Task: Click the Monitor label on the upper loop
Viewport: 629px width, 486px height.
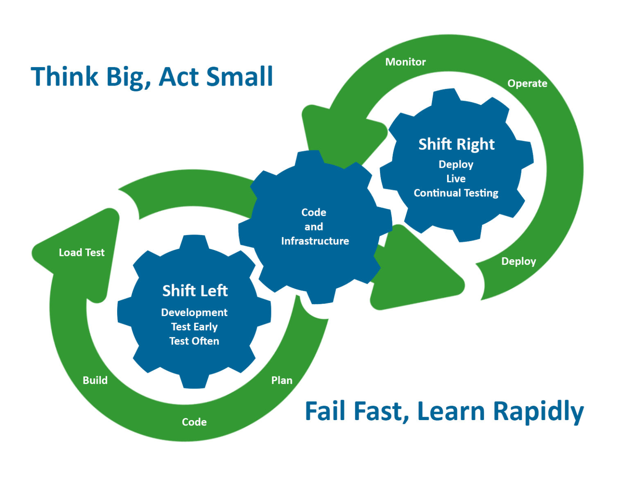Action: (x=405, y=62)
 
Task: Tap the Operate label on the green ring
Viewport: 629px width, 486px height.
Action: (x=527, y=84)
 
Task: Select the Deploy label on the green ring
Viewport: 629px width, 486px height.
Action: (x=518, y=261)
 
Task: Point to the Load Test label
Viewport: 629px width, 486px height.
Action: (x=81, y=253)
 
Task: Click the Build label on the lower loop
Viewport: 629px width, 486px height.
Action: (x=95, y=380)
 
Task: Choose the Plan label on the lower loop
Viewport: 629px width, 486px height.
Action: (x=282, y=380)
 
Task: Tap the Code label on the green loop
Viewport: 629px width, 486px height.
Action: (x=194, y=422)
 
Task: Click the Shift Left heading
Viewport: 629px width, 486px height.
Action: (x=195, y=291)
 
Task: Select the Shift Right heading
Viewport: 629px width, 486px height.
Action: (x=456, y=144)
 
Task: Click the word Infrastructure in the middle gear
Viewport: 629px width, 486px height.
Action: (x=315, y=241)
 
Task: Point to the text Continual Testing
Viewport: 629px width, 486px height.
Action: (x=456, y=193)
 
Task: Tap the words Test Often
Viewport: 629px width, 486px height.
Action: (x=194, y=341)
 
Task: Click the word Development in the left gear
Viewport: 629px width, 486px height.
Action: (x=194, y=312)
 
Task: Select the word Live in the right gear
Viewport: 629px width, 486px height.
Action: (x=456, y=179)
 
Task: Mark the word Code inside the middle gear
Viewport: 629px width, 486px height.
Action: (x=314, y=212)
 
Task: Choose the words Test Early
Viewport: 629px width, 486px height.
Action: (x=194, y=327)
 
